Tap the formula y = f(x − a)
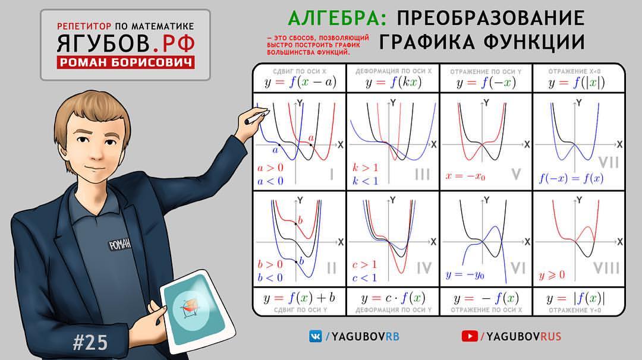(300, 82)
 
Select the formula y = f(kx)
(393, 82)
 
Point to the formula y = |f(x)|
(575, 299)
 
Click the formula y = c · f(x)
(393, 298)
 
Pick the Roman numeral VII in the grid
(609, 163)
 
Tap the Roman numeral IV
(424, 269)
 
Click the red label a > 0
(270, 168)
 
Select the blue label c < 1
(364, 278)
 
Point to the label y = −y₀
(465, 274)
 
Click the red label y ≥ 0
(552, 275)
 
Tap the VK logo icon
(315, 336)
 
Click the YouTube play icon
(470, 336)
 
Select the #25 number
(90, 342)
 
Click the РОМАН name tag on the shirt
(119, 244)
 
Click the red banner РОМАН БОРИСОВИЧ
(125, 62)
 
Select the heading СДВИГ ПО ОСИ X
(300, 71)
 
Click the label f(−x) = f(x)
(571, 178)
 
